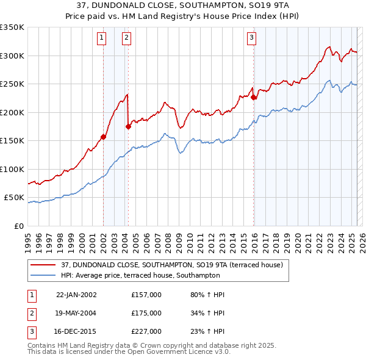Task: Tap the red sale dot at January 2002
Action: [x=103, y=137]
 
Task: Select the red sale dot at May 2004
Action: [x=128, y=126]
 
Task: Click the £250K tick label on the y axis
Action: [x=12, y=84]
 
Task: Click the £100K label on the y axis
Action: [x=12, y=169]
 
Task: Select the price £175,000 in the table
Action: [x=146, y=314]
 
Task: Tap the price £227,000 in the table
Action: [x=146, y=332]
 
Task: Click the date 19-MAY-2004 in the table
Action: [x=76, y=314]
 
